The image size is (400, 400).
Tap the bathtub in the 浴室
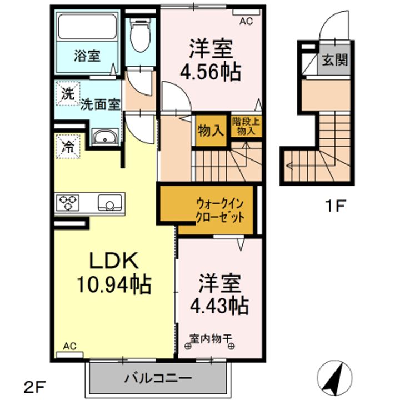(x=88, y=27)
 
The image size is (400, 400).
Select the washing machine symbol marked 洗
(x=68, y=93)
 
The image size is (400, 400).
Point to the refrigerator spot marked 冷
(x=68, y=146)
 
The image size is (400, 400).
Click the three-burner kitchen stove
(x=68, y=203)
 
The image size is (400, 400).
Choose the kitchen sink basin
(x=110, y=202)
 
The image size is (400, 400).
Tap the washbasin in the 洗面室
(x=106, y=137)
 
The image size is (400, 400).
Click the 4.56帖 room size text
(x=211, y=72)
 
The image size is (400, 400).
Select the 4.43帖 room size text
(x=219, y=306)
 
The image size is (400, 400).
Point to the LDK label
(x=113, y=260)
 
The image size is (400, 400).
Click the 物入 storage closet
(x=211, y=131)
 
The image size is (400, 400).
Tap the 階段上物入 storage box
(x=246, y=126)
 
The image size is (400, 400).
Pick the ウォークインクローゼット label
(x=220, y=211)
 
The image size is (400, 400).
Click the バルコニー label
(x=158, y=378)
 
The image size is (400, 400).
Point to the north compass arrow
(x=334, y=378)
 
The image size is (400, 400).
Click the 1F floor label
(x=335, y=206)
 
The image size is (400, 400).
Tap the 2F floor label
(x=34, y=387)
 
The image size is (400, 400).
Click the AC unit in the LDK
(x=69, y=355)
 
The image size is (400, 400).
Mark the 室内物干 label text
(x=211, y=339)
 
